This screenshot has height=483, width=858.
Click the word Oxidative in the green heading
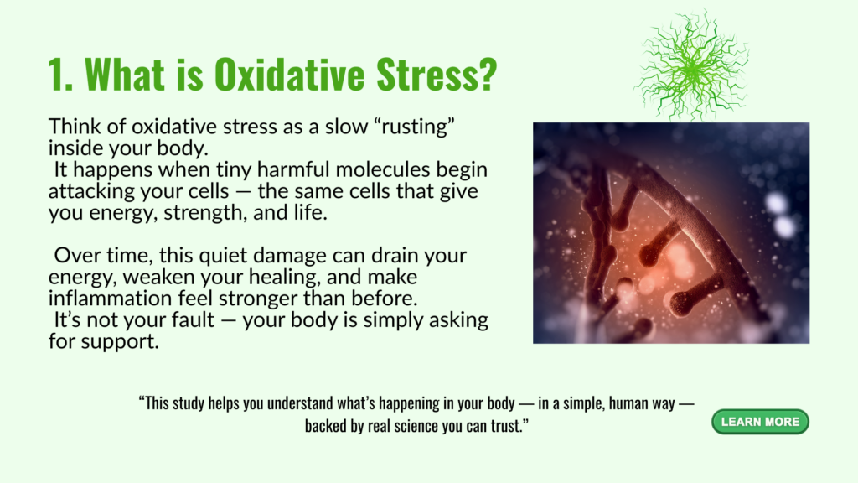[289, 74]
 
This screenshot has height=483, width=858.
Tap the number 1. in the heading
[60, 74]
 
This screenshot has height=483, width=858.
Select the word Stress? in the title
[437, 74]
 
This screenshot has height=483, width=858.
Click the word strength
[205, 213]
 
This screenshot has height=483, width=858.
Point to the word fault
[191, 319]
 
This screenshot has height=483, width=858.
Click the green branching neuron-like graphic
[691, 65]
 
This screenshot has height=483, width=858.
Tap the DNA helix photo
[671, 233]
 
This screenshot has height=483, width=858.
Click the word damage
[287, 257]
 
